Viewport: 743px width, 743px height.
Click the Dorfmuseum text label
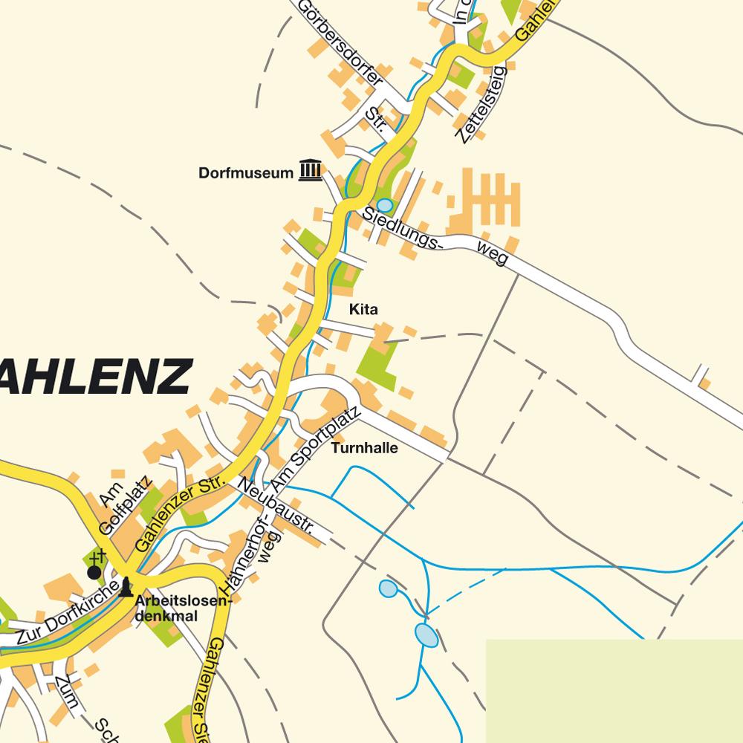[x=246, y=173]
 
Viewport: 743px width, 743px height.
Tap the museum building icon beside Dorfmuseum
[x=311, y=171]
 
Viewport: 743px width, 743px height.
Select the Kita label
[x=364, y=308]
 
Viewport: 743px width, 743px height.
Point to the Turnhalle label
[x=365, y=448]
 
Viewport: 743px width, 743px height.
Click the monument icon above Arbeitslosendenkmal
[x=126, y=586]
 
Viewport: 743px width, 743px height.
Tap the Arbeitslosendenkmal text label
[x=181, y=609]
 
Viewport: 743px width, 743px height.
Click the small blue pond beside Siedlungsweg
[x=384, y=204]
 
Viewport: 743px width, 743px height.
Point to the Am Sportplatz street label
[x=315, y=450]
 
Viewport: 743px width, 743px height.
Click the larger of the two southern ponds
[x=426, y=635]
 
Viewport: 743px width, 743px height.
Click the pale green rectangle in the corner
[x=614, y=690]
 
